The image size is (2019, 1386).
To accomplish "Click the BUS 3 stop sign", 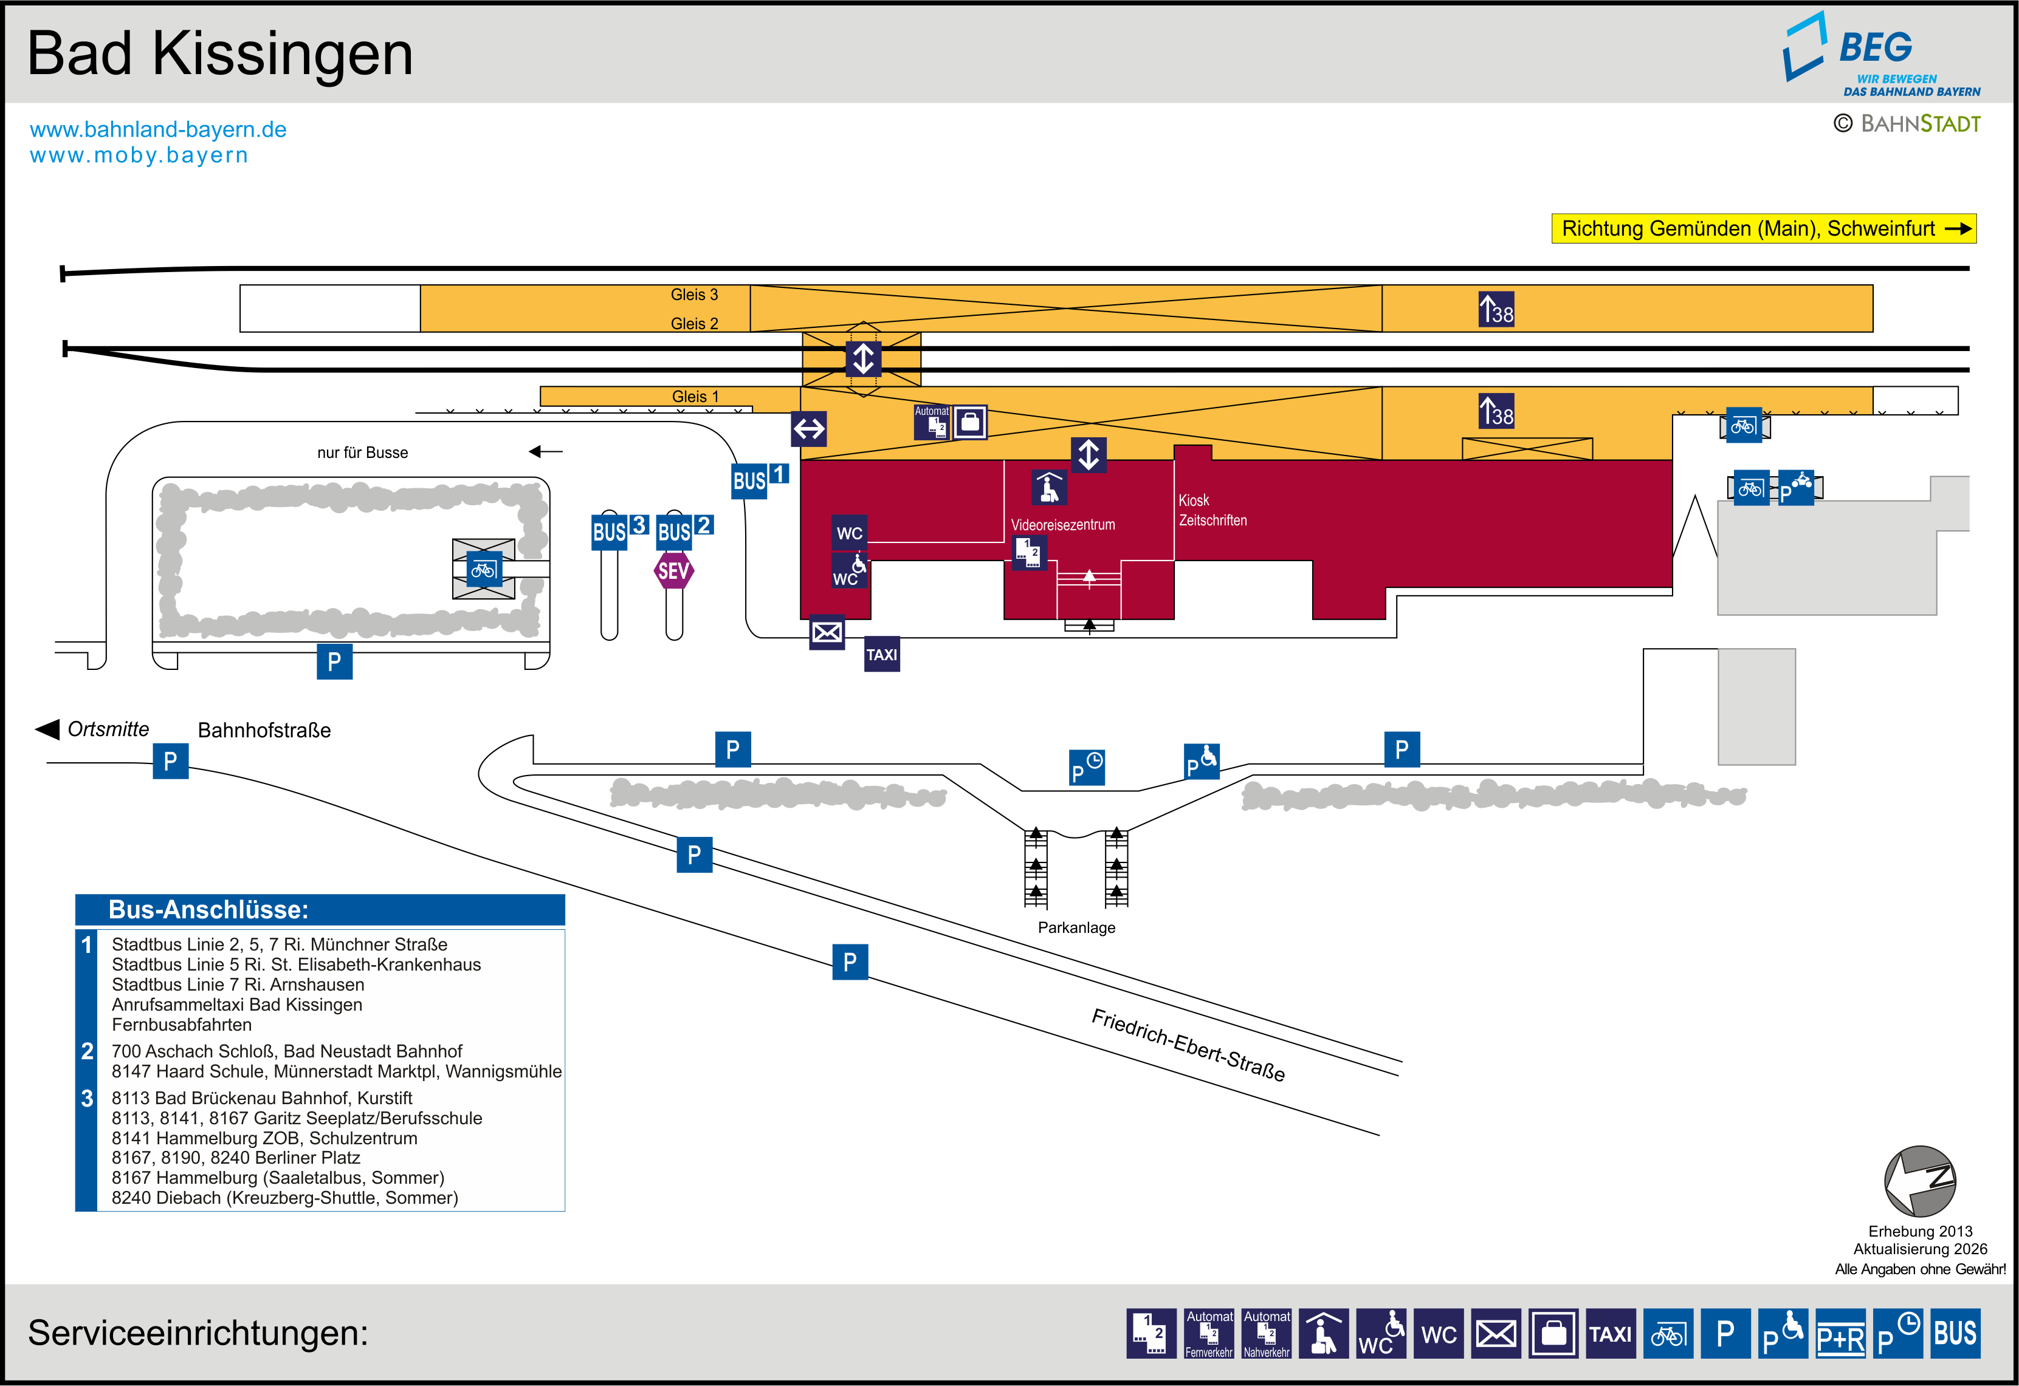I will pos(619,530).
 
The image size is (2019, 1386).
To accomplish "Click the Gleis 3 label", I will pos(694,295).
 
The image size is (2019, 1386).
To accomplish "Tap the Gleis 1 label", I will pos(695,396).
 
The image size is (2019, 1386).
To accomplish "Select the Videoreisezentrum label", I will pos(1062,525).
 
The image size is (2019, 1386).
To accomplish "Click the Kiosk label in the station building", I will pos(1194,500).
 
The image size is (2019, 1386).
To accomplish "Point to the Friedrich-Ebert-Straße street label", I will pos(1188,1044).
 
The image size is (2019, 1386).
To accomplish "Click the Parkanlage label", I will pos(1076,927).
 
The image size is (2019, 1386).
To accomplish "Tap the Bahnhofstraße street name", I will pos(264,730).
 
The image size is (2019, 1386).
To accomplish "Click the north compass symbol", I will pos(1919,1181).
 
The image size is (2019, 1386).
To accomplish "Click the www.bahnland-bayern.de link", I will pos(158,129).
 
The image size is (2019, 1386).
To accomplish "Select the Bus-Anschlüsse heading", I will pos(208,909).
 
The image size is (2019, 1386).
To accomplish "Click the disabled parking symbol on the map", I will pos(1202,762).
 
